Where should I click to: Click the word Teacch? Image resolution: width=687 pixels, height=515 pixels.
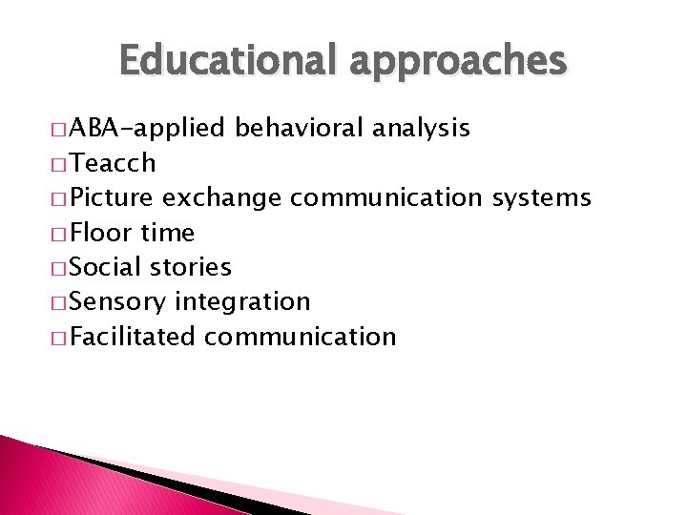tap(114, 163)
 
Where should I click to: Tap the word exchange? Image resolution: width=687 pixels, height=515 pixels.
tap(221, 198)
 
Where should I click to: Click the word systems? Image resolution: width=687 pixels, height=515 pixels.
tap(541, 198)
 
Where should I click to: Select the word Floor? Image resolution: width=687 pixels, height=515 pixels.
tap(101, 233)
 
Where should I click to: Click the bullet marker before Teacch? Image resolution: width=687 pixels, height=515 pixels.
tap(62, 164)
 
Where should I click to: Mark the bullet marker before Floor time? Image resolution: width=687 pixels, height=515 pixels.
tap(62, 234)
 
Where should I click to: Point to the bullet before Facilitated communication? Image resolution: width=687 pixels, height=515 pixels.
tap(62, 338)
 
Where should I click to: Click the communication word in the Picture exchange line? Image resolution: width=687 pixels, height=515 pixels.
tap(386, 198)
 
